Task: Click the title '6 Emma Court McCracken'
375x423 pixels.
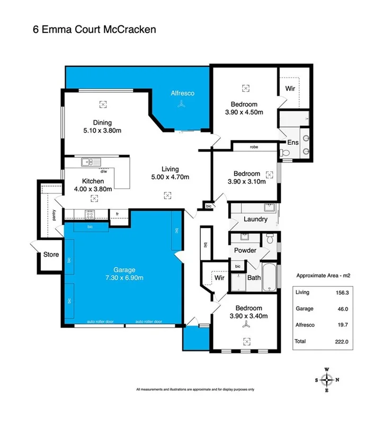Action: tap(95, 30)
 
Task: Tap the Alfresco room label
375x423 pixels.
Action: tap(182, 93)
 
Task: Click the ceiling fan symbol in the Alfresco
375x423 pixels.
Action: tap(182, 106)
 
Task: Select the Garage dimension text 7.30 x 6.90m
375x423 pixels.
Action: tap(124, 277)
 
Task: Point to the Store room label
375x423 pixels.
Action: tap(51, 254)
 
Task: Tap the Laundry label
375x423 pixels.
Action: tap(255, 219)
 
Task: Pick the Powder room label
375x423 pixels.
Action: tap(245, 250)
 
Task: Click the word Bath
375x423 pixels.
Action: tap(254, 277)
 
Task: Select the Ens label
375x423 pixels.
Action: tap(293, 142)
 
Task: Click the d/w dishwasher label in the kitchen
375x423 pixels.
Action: tap(104, 171)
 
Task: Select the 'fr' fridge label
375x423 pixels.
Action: tap(117, 214)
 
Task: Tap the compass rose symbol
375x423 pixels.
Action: tap(328, 379)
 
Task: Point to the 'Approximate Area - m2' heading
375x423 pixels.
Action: tap(323, 276)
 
